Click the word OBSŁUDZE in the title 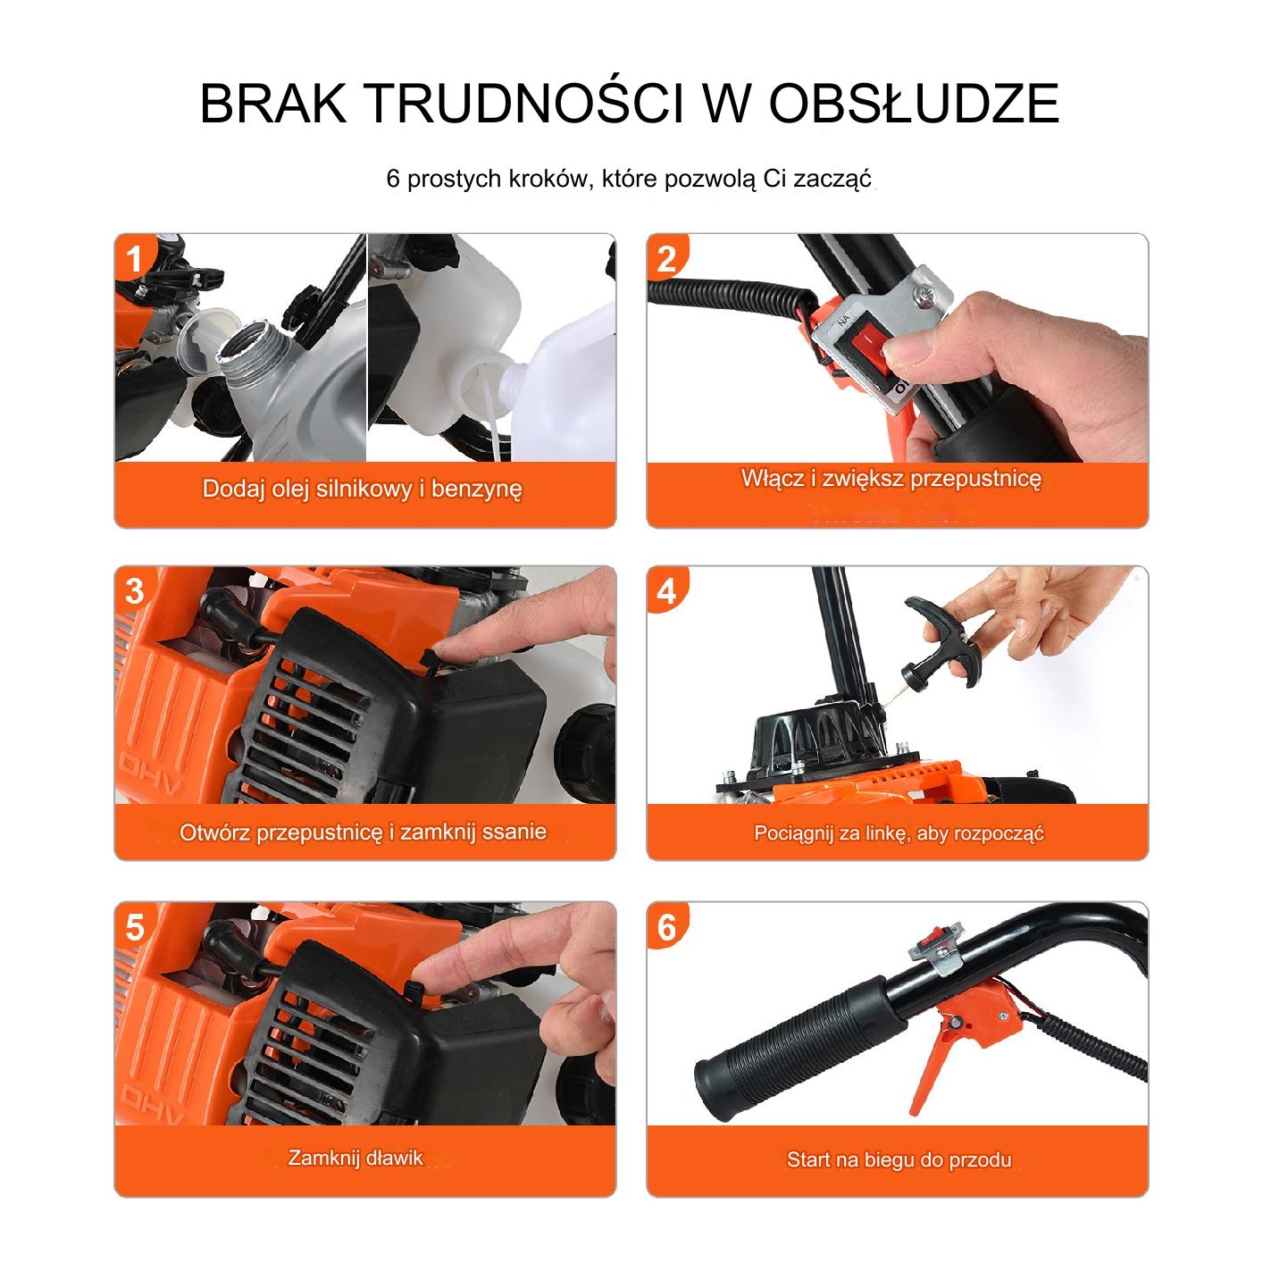pos(914,103)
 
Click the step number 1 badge pos(134,258)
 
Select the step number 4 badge pos(666,592)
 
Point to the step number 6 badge pos(666,927)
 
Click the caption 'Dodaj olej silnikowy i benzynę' pos(363,489)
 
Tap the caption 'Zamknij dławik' pos(355,1158)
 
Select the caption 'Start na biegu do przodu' pos(899,1159)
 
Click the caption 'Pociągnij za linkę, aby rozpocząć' pos(899,833)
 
